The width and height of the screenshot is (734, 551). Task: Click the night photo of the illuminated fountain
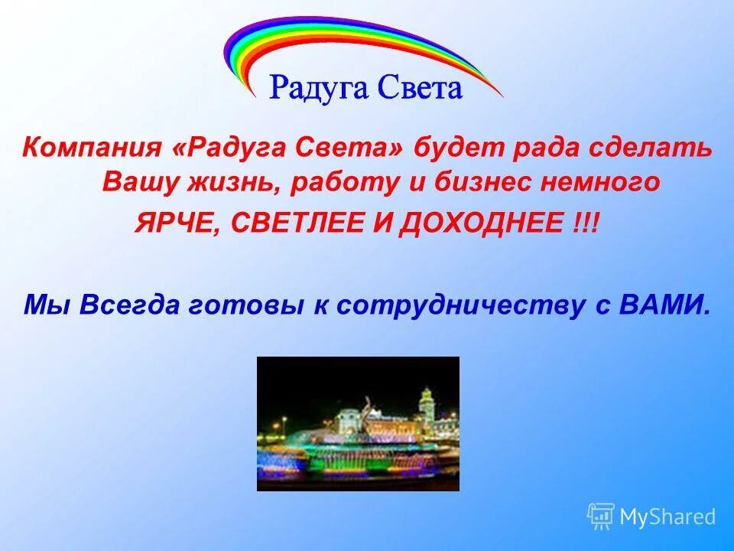coord(358,423)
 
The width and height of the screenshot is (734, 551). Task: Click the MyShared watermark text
coord(667,517)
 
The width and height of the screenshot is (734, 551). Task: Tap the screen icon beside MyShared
coord(601,516)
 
